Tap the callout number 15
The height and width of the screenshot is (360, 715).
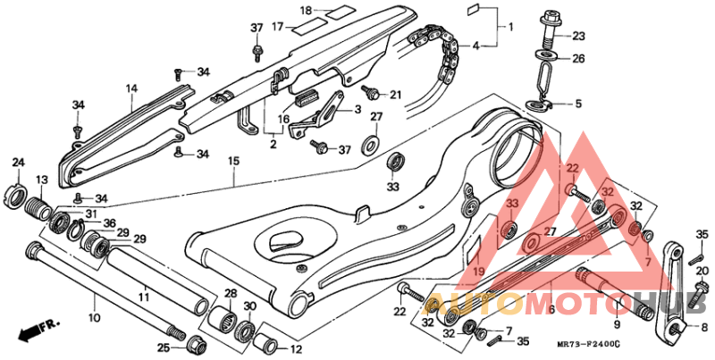tap(233, 162)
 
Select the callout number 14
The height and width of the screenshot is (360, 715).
tap(131, 88)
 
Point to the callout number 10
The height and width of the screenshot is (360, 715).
tap(95, 317)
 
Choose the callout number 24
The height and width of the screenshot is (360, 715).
tap(18, 162)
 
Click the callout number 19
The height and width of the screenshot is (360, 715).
tap(478, 272)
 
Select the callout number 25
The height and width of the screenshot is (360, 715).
tap(162, 347)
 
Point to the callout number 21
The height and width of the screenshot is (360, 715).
tap(395, 95)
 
